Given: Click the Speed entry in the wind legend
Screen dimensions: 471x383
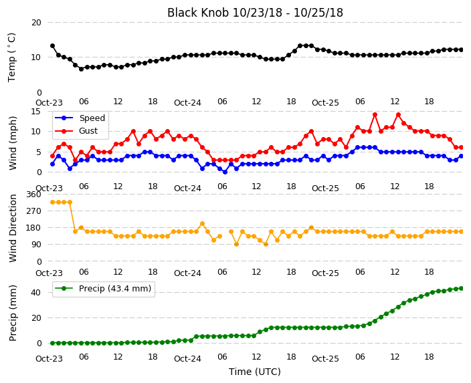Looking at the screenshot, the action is pyautogui.click(x=92, y=118).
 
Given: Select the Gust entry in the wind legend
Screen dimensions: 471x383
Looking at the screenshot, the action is pyautogui.click(x=88, y=131).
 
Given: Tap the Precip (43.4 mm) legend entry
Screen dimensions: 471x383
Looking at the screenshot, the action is pyautogui.click(x=115, y=289).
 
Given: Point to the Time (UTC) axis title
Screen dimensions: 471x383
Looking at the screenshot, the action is pyautogui.click(x=255, y=372).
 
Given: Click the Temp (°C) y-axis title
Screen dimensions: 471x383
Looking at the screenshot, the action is pyautogui.click(x=11, y=57).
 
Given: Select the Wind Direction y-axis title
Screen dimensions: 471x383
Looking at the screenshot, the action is pyautogui.click(x=13, y=229).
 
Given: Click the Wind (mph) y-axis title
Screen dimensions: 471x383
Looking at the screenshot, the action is pyautogui.click(x=13, y=143).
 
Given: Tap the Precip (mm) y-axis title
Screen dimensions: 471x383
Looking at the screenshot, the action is pyautogui.click(x=13, y=313).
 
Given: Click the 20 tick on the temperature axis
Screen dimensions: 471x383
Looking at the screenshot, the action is pyautogui.click(x=36, y=23).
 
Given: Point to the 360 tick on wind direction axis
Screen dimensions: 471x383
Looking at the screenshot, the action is pyautogui.click(x=33, y=195).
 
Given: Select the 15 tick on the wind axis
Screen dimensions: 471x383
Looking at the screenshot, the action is pyautogui.click(x=35, y=112).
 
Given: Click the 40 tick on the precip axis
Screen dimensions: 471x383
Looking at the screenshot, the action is pyautogui.click(x=36, y=292).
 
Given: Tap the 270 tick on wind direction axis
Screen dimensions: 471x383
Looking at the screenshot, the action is pyautogui.click(x=33, y=211).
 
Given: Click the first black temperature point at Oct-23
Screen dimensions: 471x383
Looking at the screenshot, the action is pyautogui.click(x=53, y=46).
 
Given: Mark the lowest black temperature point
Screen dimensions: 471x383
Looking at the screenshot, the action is pyautogui.click(x=81, y=69).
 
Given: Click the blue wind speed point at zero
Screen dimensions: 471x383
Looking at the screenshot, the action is pyautogui.click(x=225, y=172).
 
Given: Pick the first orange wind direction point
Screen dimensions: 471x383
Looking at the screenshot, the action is pyautogui.click(x=53, y=203).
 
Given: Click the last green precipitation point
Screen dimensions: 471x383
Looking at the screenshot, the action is pyautogui.click(x=462, y=289).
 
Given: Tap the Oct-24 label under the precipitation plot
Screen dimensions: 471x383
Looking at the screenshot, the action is pyautogui.click(x=187, y=359).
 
